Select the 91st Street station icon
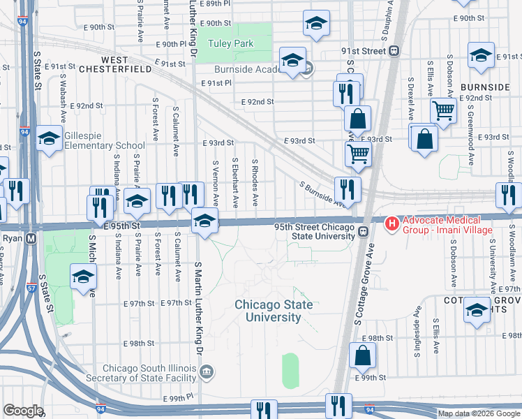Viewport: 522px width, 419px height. (x=394, y=51)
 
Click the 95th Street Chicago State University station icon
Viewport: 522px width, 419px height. (x=363, y=232)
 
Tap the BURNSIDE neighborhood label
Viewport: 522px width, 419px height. (x=485, y=87)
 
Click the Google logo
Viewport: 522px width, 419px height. (x=22, y=410)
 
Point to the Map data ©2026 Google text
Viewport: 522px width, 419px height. (x=479, y=413)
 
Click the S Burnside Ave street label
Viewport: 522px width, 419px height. (x=322, y=195)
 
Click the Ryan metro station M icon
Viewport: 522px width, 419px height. (x=30, y=238)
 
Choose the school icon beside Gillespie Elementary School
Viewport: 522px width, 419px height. (x=49, y=139)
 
